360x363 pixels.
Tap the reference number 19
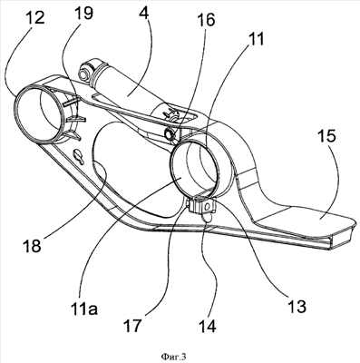(x=83, y=13)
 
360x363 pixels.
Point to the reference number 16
(x=206, y=19)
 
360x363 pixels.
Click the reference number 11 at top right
(x=256, y=39)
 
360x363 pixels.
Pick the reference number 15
(x=326, y=136)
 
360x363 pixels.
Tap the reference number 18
(x=32, y=245)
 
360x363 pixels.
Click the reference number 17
(x=131, y=325)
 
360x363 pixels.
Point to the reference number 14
(x=208, y=325)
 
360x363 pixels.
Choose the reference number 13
(x=297, y=307)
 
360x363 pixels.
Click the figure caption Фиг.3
(x=173, y=357)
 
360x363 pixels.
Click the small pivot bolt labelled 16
(x=170, y=133)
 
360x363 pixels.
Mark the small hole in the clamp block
(x=207, y=207)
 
